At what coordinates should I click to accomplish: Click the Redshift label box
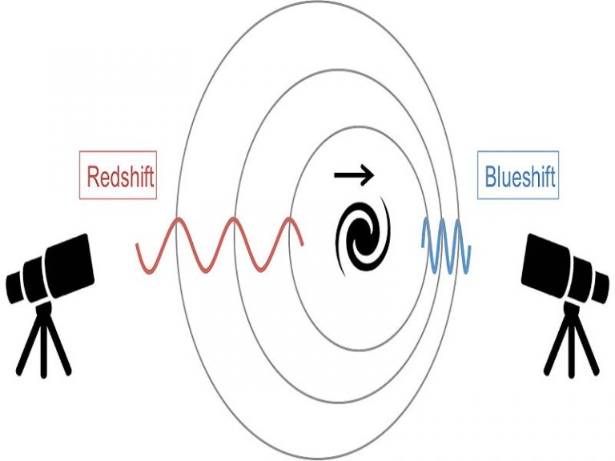[119, 176]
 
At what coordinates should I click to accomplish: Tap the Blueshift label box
[517, 176]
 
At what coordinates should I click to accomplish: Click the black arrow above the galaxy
[353, 171]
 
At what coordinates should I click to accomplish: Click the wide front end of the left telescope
[77, 260]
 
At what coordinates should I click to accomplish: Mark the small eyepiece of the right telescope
[601, 284]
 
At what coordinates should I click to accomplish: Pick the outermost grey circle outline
[178, 240]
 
